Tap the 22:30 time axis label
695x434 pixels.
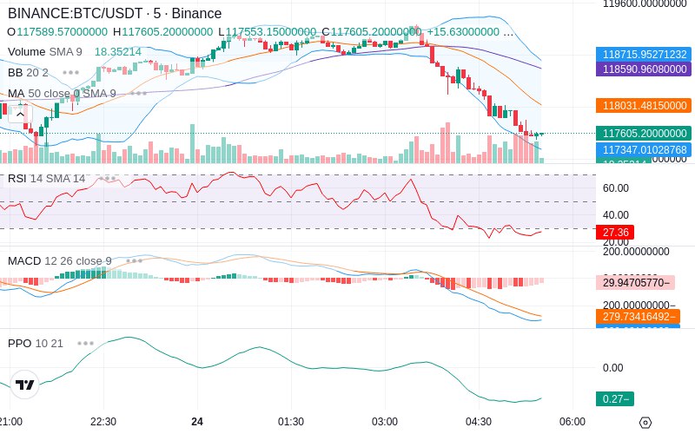pos(103,421)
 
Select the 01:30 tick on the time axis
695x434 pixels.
pos(291,421)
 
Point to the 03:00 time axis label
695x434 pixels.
pos(385,421)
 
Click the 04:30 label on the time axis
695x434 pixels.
pos(479,421)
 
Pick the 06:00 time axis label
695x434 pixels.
pos(572,421)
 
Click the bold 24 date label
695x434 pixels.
pos(197,421)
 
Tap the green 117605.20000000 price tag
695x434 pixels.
pos(643,133)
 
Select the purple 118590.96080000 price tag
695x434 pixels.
pos(643,69)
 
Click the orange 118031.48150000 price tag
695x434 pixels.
pos(643,105)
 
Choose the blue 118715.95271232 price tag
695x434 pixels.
pos(643,54)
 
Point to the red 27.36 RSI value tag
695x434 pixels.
pos(615,233)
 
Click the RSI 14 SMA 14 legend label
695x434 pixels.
pos(47,179)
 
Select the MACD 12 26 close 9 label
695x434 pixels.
pos(60,260)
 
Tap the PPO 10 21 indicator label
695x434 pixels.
pos(36,343)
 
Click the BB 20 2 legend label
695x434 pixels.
pos(28,72)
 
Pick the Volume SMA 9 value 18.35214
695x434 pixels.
pos(117,52)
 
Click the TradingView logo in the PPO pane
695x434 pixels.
pos(25,385)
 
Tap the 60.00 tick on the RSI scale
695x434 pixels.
pos(616,187)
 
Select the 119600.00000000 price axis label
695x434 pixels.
pos(646,4)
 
